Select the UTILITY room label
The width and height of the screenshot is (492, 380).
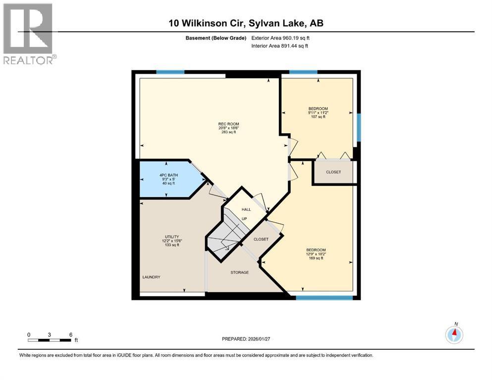pos(172,237)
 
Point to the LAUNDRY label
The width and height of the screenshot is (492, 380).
pos(151,277)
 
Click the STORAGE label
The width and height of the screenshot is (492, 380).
pos(239,273)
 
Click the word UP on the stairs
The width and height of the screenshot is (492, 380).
pos(244,218)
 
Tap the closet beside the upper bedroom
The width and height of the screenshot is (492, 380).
pos(333,172)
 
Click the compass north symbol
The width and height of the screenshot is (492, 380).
pos(454,334)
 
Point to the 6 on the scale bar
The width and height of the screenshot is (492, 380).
pos(71,334)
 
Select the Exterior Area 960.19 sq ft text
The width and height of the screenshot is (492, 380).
pos(280,38)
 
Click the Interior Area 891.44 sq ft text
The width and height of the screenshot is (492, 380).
pos(280,46)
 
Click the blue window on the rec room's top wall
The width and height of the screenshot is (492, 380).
pos(170,72)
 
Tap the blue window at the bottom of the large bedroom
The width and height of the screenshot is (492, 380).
pos(325,298)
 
